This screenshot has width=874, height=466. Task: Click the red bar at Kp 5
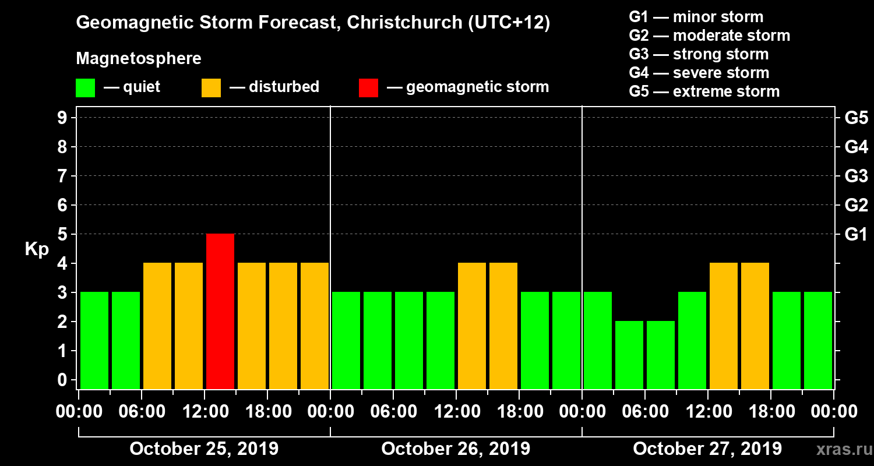(x=220, y=311)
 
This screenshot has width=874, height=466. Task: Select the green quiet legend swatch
(x=85, y=88)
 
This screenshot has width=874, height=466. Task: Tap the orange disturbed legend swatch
(x=211, y=88)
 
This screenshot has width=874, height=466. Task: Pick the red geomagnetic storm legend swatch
(x=368, y=88)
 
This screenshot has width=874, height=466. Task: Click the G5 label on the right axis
(x=856, y=118)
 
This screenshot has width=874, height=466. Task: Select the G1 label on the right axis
(x=856, y=235)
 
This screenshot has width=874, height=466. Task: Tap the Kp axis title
(x=37, y=249)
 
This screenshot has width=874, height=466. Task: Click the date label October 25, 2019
(x=204, y=449)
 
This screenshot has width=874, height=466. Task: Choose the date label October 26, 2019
(x=456, y=449)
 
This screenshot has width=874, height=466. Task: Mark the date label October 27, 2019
(x=707, y=449)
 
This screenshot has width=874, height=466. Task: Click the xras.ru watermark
(x=842, y=450)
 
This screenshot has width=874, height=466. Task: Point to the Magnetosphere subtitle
(x=139, y=59)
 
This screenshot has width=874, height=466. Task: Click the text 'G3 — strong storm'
(x=699, y=54)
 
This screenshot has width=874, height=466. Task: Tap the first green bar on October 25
(x=94, y=340)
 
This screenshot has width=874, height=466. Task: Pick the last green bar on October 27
(x=818, y=340)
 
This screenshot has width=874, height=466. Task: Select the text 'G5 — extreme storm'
(x=704, y=91)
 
